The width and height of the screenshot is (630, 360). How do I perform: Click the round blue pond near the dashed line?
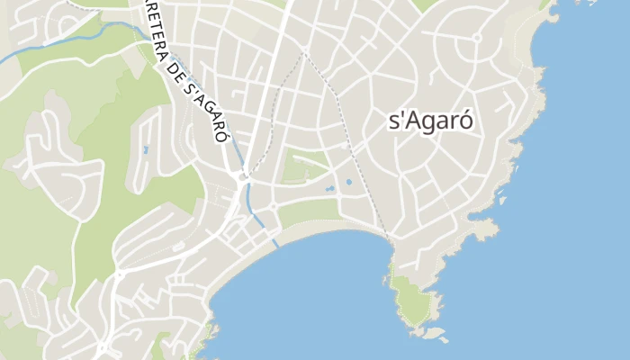coord(348,182)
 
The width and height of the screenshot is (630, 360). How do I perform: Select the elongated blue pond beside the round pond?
coord(330,189)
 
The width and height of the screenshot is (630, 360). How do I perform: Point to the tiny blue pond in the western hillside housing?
coord(146,149)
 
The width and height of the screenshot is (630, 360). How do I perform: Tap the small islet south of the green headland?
coord(436,334)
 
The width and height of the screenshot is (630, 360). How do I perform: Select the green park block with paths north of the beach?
coord(305,166)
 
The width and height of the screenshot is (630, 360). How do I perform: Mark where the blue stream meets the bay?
coord(274,242)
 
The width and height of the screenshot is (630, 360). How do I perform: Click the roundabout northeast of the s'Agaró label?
coord(476,38)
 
